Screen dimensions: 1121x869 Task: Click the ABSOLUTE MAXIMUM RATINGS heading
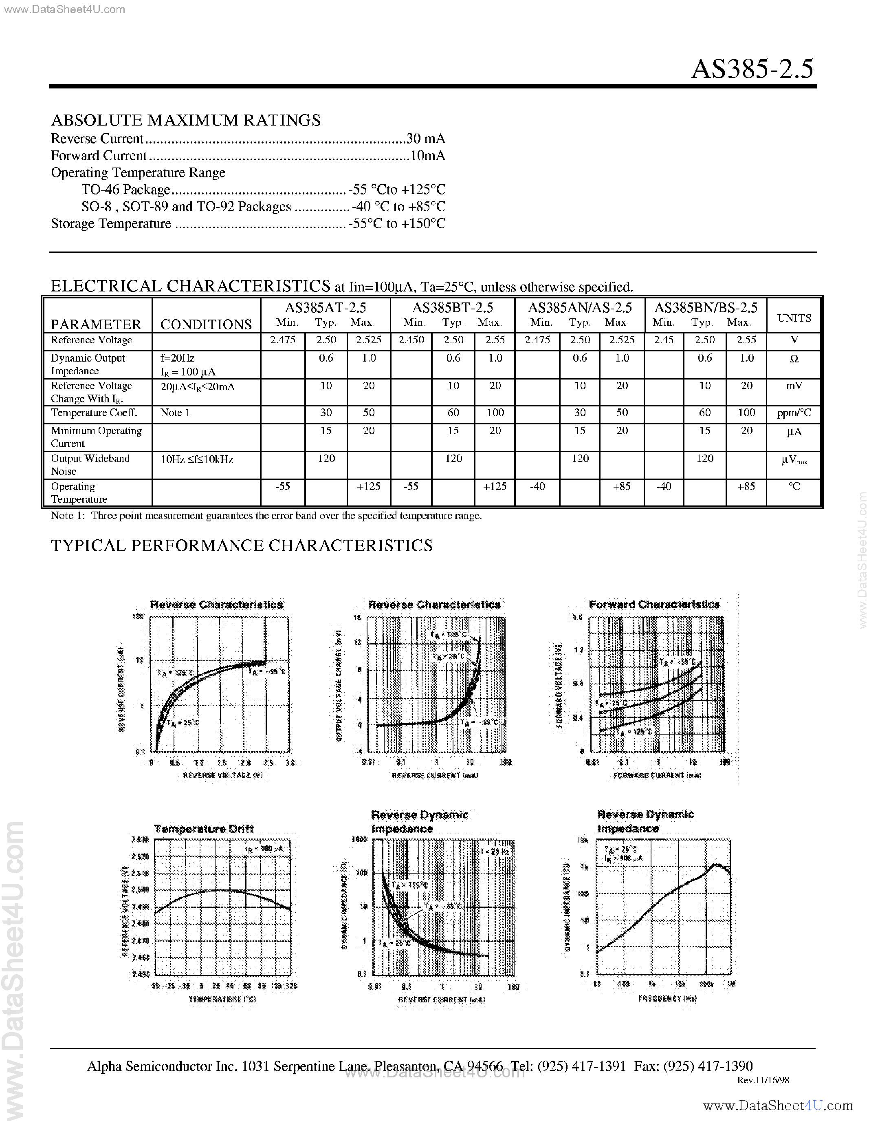(186, 120)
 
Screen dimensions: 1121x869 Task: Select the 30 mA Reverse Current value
(425, 139)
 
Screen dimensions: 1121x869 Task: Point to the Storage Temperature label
(111, 224)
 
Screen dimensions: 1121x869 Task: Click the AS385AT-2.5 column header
(325, 307)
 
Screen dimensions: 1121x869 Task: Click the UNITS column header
(794, 318)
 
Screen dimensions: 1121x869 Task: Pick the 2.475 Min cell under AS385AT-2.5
(283, 340)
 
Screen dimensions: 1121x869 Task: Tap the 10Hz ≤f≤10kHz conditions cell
(197, 459)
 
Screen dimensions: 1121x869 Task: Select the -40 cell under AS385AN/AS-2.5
(537, 486)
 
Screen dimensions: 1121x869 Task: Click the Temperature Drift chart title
(204, 828)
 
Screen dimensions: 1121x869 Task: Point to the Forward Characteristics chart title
(654, 605)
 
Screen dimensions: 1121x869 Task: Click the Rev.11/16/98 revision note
(763, 1080)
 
